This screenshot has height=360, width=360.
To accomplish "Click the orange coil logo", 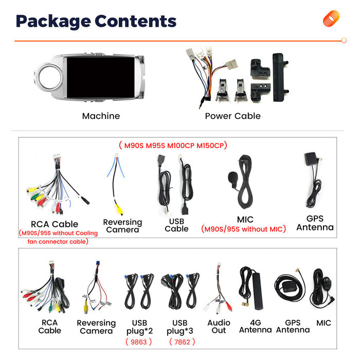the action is tap(331, 19).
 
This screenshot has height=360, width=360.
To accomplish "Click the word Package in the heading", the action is tap(53, 22).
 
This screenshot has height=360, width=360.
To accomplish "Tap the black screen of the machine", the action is tap(101, 77).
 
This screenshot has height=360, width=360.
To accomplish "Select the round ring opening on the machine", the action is tap(50, 77).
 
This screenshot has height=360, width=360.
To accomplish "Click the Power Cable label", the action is tap(233, 116).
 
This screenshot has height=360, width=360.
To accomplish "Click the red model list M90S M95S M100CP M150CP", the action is tap(173, 146).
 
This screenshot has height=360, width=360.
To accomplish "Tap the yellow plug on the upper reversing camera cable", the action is tap(119, 209).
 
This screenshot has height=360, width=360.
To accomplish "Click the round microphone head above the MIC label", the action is tap(232, 177).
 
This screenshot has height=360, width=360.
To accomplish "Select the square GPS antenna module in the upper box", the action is tap(311, 158).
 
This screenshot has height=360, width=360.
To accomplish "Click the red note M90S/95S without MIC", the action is tap(243, 229).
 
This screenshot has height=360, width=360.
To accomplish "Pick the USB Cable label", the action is tap(176, 225).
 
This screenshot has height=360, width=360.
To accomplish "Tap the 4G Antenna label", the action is tap(256, 326).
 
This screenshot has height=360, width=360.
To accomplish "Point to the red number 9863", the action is tap(139, 342).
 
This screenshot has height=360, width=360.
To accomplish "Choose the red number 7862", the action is tap(182, 342).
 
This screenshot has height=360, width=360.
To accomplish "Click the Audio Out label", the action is tap(219, 327).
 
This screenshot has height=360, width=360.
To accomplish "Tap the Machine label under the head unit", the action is tap(101, 116).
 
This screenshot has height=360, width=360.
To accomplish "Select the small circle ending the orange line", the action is tap(344, 41).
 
